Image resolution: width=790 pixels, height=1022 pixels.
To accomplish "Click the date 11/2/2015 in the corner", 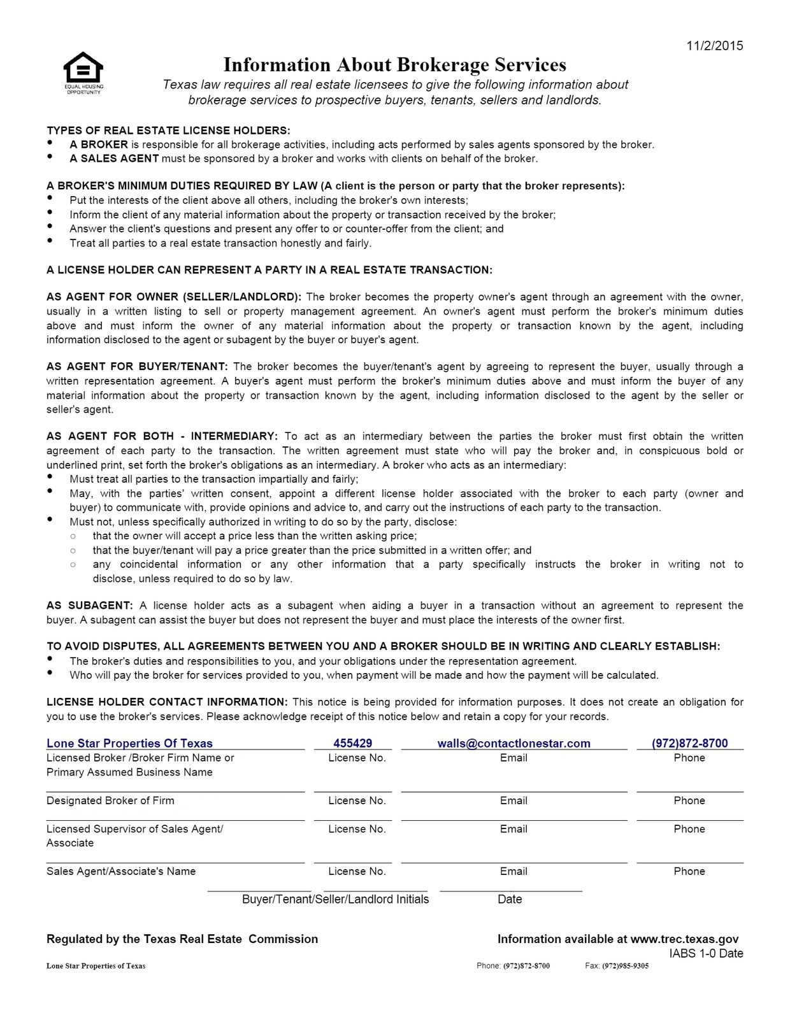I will (714, 46).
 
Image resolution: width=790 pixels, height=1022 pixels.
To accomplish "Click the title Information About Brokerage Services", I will (394, 65).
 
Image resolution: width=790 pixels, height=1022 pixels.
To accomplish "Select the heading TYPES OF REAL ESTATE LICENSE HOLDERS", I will (168, 131).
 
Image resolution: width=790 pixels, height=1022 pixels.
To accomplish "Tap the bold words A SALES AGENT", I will (114, 159).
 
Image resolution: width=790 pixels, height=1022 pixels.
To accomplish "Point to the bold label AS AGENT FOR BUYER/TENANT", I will (137, 367).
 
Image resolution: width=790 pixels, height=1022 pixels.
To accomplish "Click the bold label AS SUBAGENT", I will (90, 606).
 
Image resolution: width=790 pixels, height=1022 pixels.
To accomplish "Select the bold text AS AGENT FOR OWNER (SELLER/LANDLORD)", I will (174, 297).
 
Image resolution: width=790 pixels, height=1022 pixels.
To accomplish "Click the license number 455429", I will (352, 743).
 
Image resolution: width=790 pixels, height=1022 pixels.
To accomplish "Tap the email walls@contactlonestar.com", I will (513, 743).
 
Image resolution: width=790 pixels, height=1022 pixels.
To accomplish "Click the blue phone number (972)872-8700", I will (689, 743).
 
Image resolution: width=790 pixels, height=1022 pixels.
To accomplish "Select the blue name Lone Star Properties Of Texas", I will (129, 743).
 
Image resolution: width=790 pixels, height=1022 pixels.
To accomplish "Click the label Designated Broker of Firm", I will (110, 800).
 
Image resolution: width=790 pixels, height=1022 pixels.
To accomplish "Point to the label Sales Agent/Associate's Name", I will (121, 871).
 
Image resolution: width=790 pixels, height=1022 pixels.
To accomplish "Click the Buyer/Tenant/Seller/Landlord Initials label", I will (335, 899).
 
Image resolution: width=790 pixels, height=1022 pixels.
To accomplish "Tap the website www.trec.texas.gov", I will (684, 939).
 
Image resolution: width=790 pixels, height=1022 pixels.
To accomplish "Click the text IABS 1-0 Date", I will (706, 953).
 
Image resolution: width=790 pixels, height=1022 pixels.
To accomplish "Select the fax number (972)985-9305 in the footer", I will (625, 966).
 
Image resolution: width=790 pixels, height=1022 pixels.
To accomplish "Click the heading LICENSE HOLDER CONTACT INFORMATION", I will (167, 702).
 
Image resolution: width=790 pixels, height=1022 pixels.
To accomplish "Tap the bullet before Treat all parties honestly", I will (50, 241).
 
